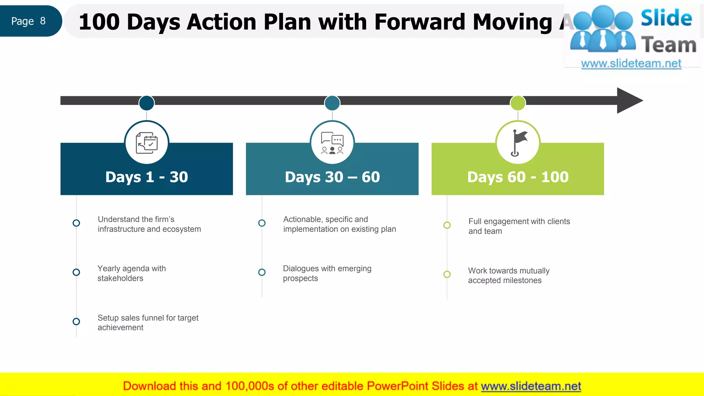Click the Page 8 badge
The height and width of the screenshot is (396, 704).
29,21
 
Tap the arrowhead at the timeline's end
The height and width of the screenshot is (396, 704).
628,100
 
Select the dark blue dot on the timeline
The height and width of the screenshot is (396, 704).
147,103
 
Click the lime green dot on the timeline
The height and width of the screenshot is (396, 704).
518,103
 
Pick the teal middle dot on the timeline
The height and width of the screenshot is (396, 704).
332,103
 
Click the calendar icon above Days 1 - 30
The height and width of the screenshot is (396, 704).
147,143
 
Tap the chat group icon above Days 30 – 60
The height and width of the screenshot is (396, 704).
332,143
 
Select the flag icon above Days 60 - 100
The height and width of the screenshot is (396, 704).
518,143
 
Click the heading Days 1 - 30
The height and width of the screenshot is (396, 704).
147,177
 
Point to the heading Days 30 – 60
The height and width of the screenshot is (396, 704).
332,177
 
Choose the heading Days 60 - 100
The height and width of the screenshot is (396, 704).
518,177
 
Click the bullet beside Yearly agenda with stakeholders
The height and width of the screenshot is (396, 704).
76,272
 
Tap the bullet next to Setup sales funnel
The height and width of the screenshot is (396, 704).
76,321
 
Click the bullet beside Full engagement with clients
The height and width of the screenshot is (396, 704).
447,225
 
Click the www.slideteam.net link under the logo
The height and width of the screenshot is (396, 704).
631,63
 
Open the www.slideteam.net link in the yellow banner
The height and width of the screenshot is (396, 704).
531,386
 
